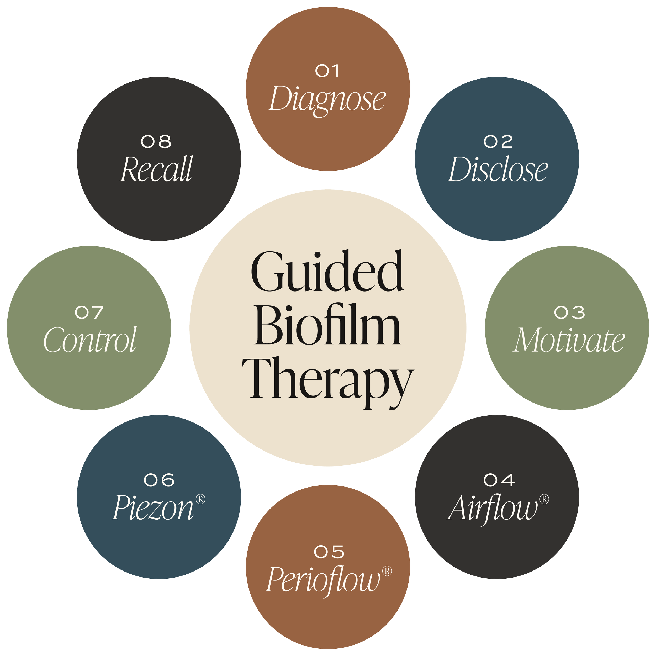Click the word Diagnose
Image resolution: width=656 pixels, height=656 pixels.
click(x=327, y=99)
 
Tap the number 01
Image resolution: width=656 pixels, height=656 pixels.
click(x=327, y=71)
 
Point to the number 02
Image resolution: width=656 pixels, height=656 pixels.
click(x=498, y=142)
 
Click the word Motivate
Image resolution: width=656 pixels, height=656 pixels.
click(x=569, y=340)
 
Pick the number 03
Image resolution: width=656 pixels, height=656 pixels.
click(x=569, y=312)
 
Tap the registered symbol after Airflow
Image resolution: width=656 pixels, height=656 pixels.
click(x=544, y=499)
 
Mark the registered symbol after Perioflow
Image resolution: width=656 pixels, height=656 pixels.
click(x=387, y=571)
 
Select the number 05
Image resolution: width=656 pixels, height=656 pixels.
click(x=329, y=552)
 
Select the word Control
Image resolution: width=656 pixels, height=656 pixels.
click(x=90, y=340)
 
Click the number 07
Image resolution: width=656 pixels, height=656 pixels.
click(x=89, y=312)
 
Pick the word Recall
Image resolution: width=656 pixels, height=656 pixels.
click(x=157, y=169)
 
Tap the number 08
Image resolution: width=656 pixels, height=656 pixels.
click(x=156, y=142)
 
